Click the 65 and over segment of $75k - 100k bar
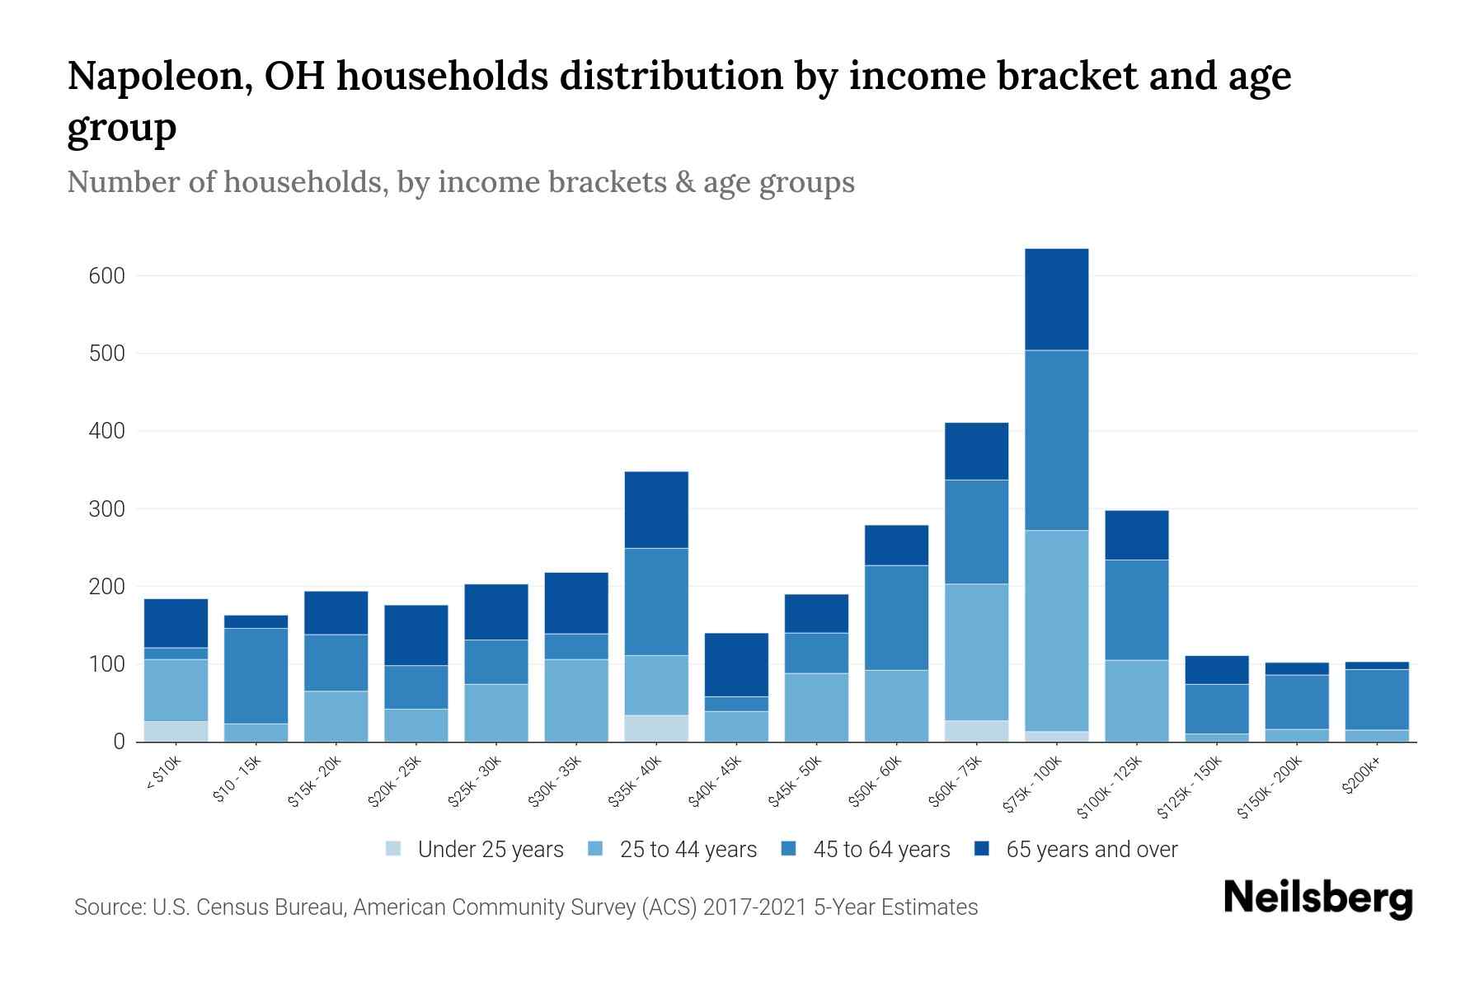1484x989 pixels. [1056, 299]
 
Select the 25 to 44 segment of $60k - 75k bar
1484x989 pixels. [976, 652]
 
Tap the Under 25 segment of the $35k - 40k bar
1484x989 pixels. [656, 728]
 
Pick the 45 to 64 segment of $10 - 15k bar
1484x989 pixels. [256, 676]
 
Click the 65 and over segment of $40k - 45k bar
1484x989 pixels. [736, 664]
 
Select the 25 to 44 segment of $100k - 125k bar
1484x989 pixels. [1136, 701]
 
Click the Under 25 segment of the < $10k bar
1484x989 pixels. [176, 731]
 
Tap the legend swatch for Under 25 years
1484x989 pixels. [394, 849]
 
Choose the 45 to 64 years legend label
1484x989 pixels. [881, 850]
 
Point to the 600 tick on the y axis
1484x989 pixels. [107, 276]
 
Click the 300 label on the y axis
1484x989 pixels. [107, 509]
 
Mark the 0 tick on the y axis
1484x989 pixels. [119, 742]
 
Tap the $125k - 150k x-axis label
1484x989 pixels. [1191, 790]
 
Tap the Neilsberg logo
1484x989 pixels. [1317, 898]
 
